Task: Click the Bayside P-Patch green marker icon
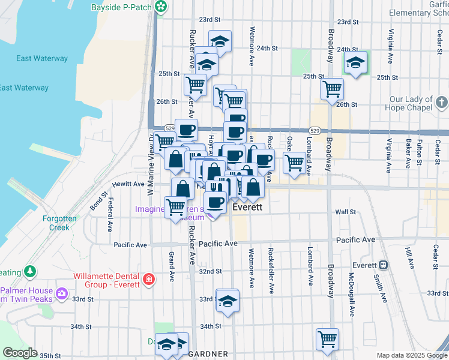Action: tap(161, 7)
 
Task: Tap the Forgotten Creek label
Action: tap(59, 223)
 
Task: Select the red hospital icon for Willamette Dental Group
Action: tap(148, 280)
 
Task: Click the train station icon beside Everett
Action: tap(382, 265)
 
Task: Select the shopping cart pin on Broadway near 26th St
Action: tap(332, 89)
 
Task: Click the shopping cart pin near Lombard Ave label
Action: tap(294, 162)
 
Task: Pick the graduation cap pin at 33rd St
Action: tap(227, 301)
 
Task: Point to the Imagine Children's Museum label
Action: tap(170, 214)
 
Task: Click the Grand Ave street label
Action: tap(171, 267)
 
